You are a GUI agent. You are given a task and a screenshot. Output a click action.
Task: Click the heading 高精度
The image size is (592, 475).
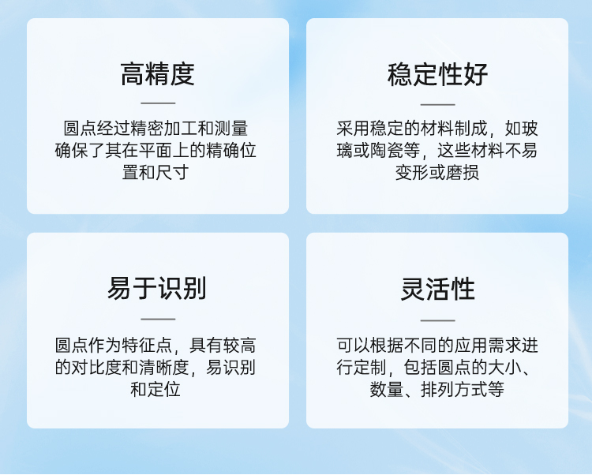coord(157,74)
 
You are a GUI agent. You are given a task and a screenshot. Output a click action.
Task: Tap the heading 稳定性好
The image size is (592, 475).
coord(437,74)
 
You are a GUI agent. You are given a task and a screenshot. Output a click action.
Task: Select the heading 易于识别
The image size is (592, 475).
coord(157,288)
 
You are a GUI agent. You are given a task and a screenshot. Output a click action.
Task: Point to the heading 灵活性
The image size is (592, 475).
coord(437,289)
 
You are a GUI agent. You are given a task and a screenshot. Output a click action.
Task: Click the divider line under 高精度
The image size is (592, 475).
coord(158,103)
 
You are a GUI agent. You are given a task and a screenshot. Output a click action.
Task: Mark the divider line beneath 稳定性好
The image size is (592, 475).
coord(437,104)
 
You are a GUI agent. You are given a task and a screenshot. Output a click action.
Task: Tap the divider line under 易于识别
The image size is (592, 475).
coord(158,319)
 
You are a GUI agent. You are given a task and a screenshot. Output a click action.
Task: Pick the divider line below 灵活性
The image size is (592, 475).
coord(437,320)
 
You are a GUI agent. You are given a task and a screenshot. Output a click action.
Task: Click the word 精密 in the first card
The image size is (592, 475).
coord(147,129)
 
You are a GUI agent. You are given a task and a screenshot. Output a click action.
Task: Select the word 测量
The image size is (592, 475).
coord(231,129)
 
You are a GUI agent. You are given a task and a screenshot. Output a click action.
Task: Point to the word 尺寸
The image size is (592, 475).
coord(172,173)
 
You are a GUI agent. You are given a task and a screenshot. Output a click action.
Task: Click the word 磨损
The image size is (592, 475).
coord(463,173)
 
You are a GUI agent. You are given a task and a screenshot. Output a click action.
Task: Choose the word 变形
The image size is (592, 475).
coord(412,173)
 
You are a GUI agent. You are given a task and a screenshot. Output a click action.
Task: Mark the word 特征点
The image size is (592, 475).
coord(147,346)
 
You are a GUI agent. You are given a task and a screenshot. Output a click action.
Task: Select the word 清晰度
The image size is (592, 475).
coord(164,367)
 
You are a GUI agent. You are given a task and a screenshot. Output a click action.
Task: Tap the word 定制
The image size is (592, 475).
coord(370,367)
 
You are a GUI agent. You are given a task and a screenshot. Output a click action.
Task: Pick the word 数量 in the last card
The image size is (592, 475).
coord(387,389)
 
